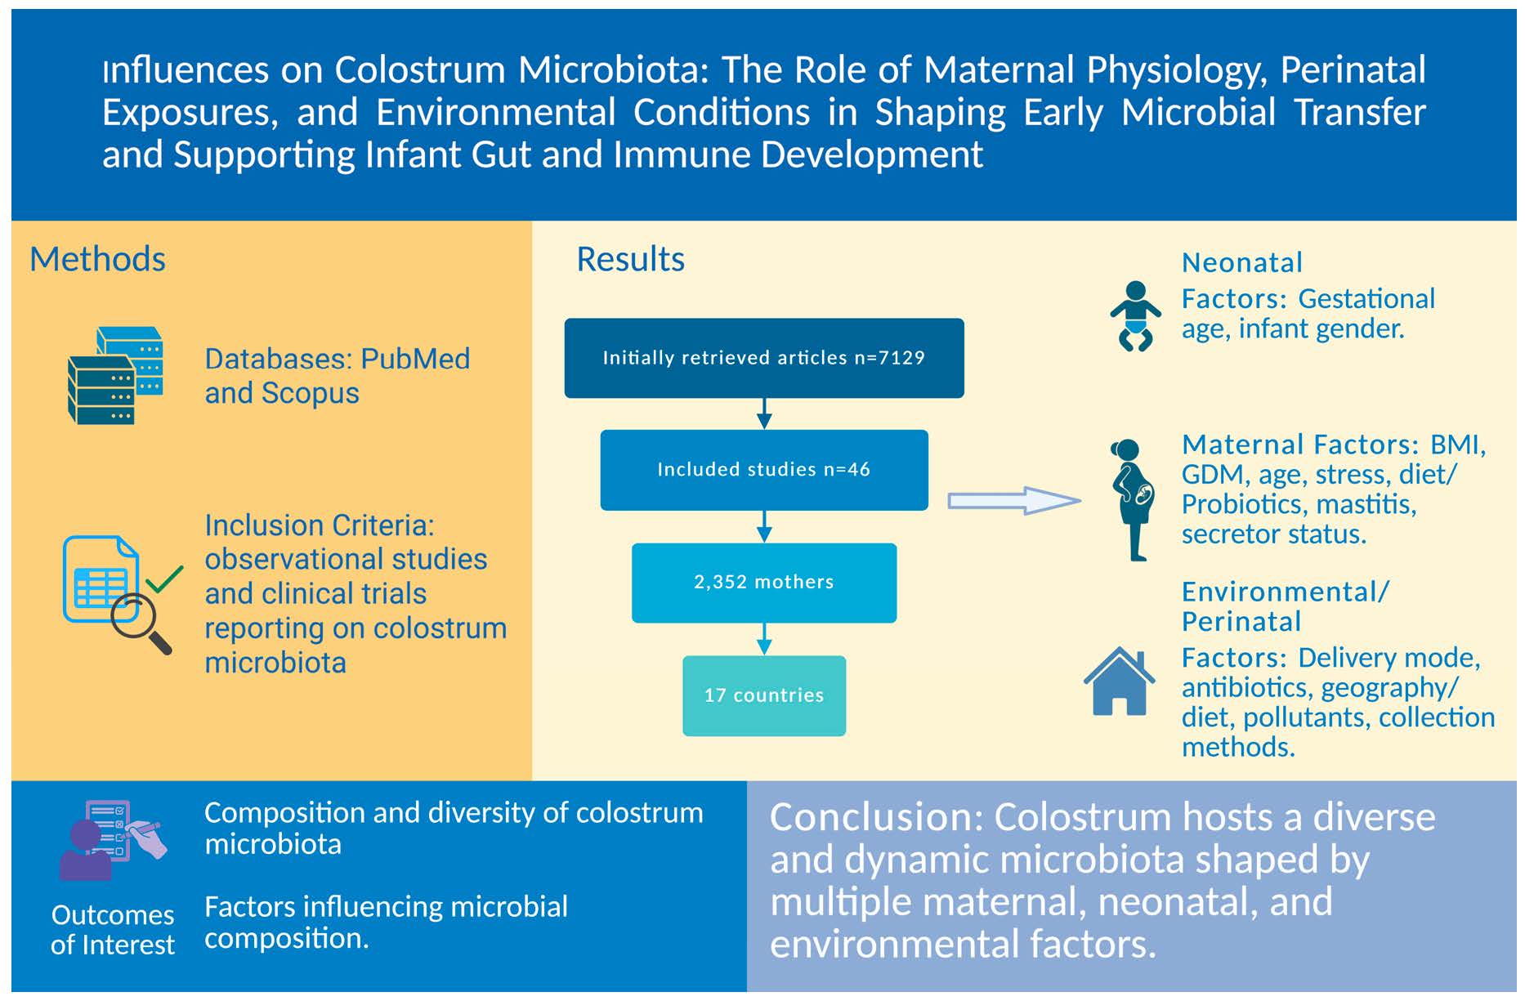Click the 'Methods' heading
[x=97, y=259]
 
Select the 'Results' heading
[x=630, y=259]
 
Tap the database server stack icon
[x=114, y=375]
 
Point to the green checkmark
[x=165, y=579]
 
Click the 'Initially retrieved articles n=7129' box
[x=763, y=358]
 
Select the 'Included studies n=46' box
[x=763, y=470]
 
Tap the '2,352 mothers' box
[x=763, y=582]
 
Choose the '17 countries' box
[x=763, y=695]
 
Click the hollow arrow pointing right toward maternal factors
[x=1013, y=500]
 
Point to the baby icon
[x=1135, y=316]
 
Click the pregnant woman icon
[x=1133, y=498]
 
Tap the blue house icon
[x=1119, y=681]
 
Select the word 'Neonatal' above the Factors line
[x=1241, y=263]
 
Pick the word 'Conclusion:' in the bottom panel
[x=876, y=817]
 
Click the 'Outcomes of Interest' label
[x=113, y=929]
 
